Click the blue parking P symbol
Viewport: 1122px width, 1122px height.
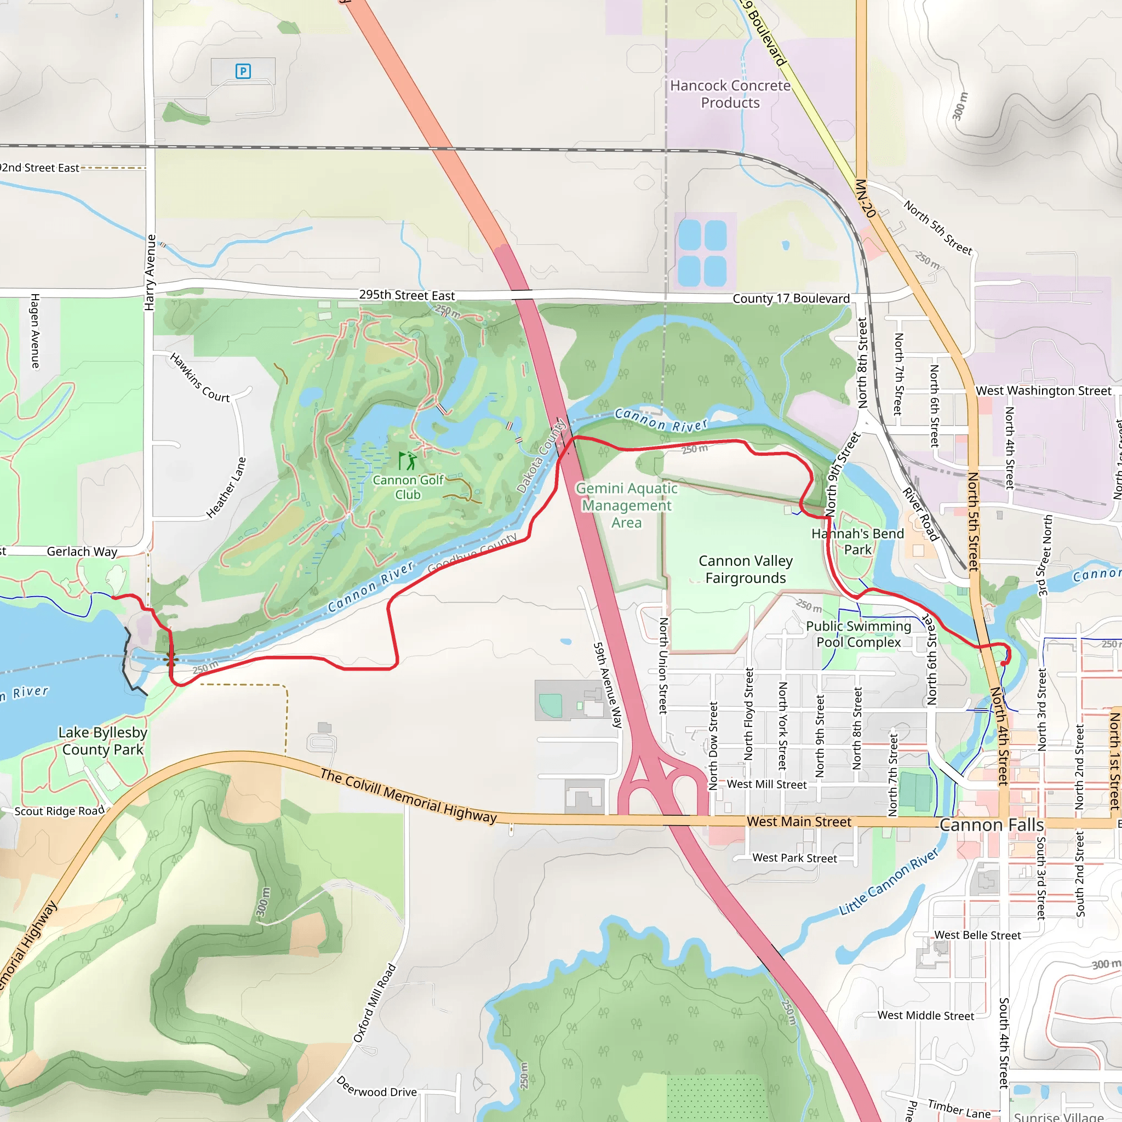pos(243,71)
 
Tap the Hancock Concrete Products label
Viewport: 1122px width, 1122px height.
pos(730,94)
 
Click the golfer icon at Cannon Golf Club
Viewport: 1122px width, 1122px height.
pos(408,461)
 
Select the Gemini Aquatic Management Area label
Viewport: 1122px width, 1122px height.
pos(627,505)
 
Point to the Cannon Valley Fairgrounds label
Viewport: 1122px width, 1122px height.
pos(745,569)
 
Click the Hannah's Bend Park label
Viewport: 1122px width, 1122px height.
pos(857,541)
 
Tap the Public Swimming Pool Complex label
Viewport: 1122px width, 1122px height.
pos(858,634)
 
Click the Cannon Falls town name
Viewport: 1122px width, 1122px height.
pos(991,825)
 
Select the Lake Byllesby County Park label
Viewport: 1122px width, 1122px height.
pos(103,741)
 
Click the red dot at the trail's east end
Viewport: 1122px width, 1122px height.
pos(1004,664)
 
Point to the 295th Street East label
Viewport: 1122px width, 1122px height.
pos(407,295)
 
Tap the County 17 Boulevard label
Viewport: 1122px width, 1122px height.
pos(791,299)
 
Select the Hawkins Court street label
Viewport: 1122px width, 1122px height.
pos(200,377)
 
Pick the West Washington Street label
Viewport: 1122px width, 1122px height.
pos(1043,391)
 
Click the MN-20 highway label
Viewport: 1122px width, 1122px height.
pos(865,199)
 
